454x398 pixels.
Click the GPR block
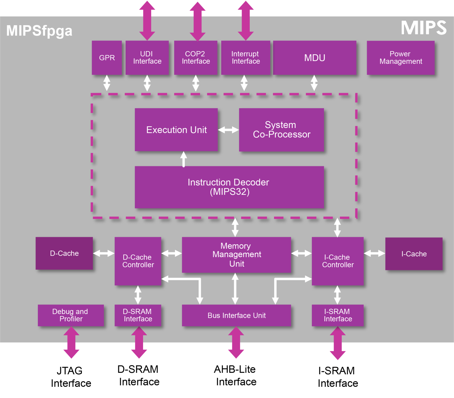(x=107, y=58)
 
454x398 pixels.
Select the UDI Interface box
(x=147, y=58)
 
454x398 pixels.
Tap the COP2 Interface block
(x=196, y=58)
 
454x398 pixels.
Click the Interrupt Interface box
(x=246, y=58)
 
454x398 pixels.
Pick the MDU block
(x=314, y=58)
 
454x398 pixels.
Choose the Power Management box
(x=401, y=58)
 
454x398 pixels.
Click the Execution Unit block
(x=176, y=130)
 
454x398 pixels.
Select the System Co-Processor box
(x=281, y=130)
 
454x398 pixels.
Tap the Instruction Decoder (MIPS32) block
(x=229, y=187)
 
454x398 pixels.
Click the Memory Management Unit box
(x=236, y=255)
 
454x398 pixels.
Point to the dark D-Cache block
(x=64, y=253)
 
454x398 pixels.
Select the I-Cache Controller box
(x=338, y=261)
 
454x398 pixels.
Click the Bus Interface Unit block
(x=236, y=316)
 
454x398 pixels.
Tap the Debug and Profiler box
(x=71, y=315)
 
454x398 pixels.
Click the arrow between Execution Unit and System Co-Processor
(x=228, y=130)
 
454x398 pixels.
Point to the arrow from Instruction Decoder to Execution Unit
(x=184, y=159)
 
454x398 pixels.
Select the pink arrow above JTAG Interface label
(x=71, y=342)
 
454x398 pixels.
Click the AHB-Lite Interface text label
(x=236, y=376)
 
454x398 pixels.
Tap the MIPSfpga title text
(x=39, y=31)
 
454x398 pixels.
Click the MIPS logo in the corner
(x=423, y=28)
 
